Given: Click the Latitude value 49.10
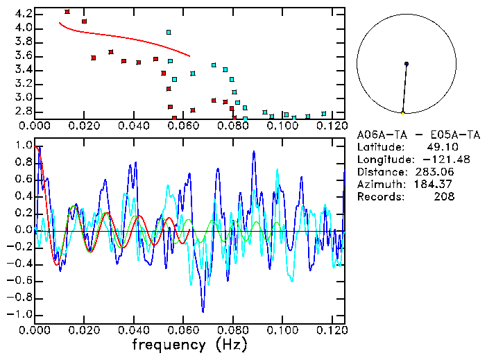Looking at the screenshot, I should [441, 147].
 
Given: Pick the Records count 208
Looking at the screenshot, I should [444, 197].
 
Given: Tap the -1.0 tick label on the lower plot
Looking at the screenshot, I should [22, 314].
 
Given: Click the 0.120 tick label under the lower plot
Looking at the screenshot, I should [332, 330].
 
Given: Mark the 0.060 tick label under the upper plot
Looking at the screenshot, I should [183, 126].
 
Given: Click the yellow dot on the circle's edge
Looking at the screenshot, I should [402, 112].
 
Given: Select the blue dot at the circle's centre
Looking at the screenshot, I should [407, 64].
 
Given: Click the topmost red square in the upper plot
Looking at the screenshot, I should [67, 12].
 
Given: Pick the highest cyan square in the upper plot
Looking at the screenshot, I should [169, 32].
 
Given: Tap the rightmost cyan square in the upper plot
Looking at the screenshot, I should [323, 114].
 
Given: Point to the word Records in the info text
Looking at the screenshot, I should [378, 197].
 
